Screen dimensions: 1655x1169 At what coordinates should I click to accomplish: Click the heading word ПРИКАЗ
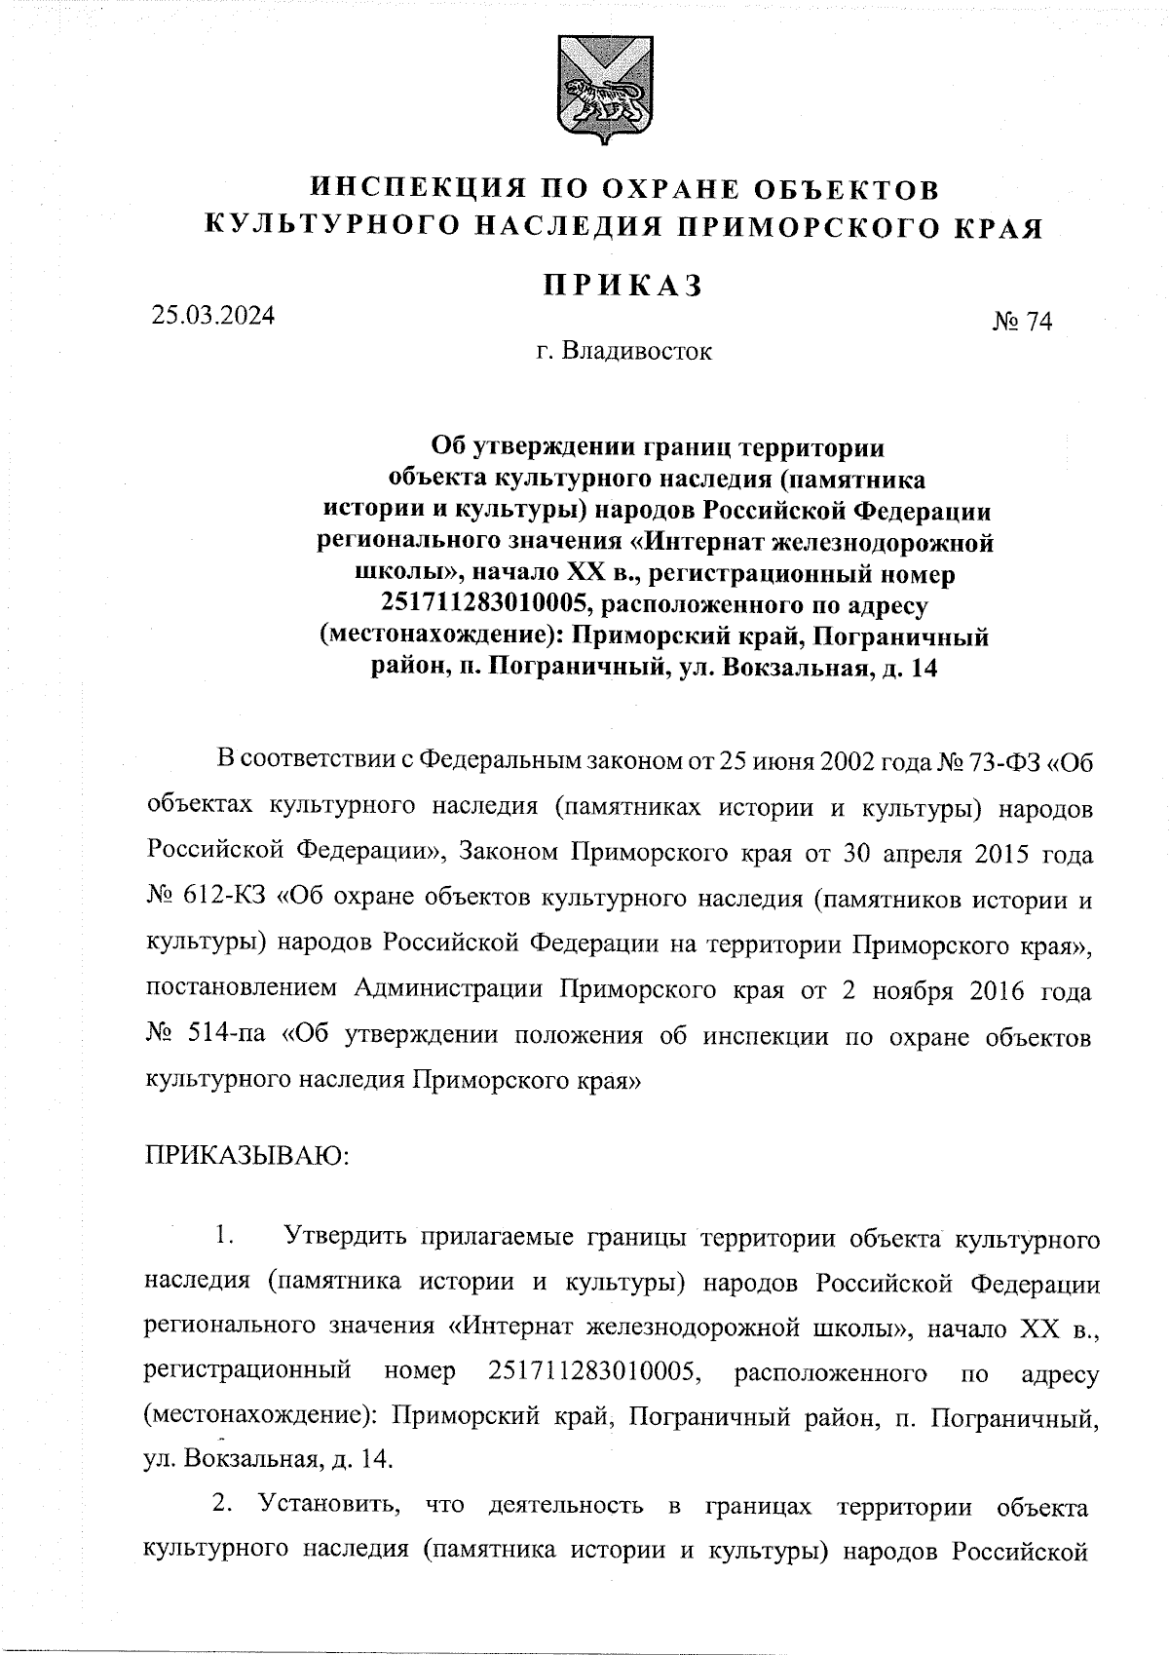coord(623,285)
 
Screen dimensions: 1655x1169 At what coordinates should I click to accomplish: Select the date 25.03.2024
coord(212,315)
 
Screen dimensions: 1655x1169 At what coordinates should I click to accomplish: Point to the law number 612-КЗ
coord(224,899)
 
